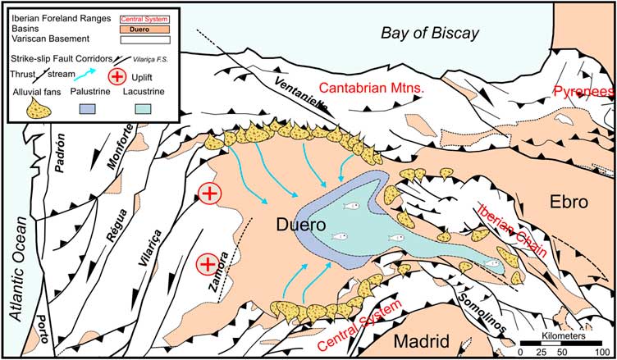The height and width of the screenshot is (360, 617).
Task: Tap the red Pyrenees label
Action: [x=584, y=93]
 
